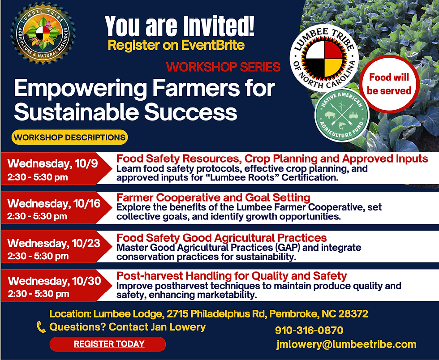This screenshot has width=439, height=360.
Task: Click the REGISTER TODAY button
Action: [108, 344]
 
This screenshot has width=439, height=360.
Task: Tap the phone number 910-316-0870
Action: [309, 330]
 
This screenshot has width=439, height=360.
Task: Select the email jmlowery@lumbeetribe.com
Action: [346, 344]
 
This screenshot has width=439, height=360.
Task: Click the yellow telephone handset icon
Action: [41, 327]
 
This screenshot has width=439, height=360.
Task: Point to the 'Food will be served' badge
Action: [389, 84]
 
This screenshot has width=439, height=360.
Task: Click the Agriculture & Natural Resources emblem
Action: [43, 33]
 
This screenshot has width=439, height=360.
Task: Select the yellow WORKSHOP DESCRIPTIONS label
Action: [70, 137]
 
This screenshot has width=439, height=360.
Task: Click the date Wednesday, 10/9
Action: [53, 163]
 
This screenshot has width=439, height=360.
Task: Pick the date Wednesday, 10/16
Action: [54, 204]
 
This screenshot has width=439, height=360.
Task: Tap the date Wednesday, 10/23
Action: [54, 243]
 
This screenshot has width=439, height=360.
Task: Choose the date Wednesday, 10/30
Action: [54, 281]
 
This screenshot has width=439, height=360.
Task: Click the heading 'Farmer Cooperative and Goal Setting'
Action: [213, 197]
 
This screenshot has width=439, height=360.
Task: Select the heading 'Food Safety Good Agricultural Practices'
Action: [221, 238]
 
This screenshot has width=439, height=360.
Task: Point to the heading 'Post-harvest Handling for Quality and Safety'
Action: [232, 276]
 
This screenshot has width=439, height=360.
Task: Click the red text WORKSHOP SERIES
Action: [223, 67]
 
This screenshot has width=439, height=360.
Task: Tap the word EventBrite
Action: [213, 45]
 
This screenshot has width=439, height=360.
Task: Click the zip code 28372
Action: [353, 314]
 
